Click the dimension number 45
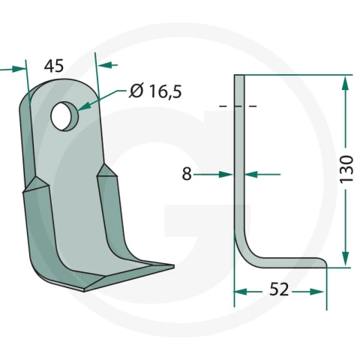[54, 66]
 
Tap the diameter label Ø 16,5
[155, 91]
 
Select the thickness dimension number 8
[187, 174]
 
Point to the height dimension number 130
[346, 169]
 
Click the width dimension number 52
[279, 289]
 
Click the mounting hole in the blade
[64, 116]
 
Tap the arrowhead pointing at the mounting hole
[84, 106]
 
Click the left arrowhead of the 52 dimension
[241, 292]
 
